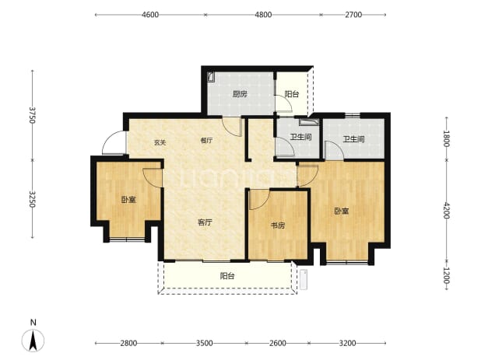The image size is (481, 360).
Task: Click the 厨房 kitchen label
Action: click(x=240, y=94)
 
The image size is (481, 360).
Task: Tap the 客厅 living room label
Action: click(x=205, y=222)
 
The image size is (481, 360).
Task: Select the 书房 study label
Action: click(x=278, y=225)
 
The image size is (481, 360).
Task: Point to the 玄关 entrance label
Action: click(x=160, y=142)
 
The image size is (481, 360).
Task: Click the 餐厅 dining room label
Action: click(x=206, y=140)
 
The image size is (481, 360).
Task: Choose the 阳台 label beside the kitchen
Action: click(x=291, y=94)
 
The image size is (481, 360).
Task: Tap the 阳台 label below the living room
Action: click(x=227, y=276)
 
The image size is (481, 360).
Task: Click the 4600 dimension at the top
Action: click(x=150, y=15)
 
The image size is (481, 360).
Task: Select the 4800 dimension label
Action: click(x=263, y=15)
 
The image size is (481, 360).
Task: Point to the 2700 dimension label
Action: click(x=353, y=15)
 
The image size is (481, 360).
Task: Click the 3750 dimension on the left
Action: click(x=32, y=115)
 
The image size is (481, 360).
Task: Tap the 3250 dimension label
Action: click(x=32, y=199)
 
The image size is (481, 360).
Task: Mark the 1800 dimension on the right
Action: click(x=446, y=139)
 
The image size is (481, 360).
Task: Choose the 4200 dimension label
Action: click(x=446, y=210)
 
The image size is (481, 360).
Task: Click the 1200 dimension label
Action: click(x=446, y=276)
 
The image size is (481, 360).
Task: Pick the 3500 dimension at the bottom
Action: click(x=204, y=343)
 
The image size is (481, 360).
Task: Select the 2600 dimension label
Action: click(x=278, y=343)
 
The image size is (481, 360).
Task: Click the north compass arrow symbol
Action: click(x=33, y=340)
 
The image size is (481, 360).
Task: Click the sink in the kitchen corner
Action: click(x=211, y=76)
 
